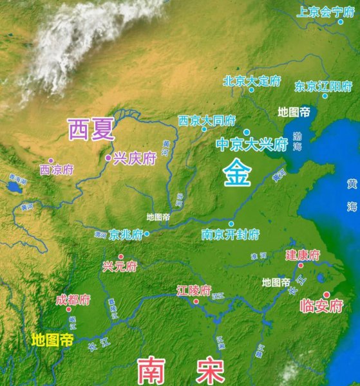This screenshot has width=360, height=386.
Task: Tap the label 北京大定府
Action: pyautogui.click(x=252, y=81)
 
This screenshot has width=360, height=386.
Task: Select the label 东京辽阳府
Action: pyautogui.click(x=323, y=86)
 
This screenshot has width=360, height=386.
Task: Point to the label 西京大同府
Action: pyautogui.click(x=207, y=120)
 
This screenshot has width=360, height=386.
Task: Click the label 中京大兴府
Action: pyautogui.click(x=251, y=144)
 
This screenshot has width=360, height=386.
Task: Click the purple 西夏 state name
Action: pyautogui.click(x=91, y=130)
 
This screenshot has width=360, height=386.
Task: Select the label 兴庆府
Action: pyautogui.click(x=135, y=159)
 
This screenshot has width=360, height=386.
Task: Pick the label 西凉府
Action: pyautogui.click(x=57, y=170)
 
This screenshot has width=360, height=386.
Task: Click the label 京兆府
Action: pyautogui.click(x=126, y=234)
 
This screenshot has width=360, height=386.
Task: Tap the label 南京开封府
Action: pyautogui.click(x=230, y=234)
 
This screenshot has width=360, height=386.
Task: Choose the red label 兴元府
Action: pyautogui.click(x=120, y=266)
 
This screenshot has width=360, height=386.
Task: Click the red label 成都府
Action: pyautogui.click(x=73, y=300)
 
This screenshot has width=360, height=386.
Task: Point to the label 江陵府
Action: pyautogui.click(x=193, y=291)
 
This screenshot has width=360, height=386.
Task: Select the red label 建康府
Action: pyautogui.click(x=302, y=255)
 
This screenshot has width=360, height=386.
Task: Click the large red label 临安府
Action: pyautogui.click(x=321, y=306)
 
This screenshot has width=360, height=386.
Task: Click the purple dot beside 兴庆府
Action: pyautogui.click(x=108, y=158)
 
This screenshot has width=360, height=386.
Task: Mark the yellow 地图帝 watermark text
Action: pyautogui.click(x=53, y=338)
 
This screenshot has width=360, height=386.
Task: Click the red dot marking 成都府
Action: pyautogui.click(x=69, y=309)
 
